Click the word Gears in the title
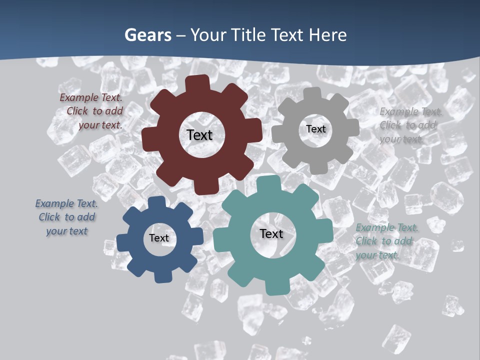point(147,35)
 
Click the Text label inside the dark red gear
point(199,135)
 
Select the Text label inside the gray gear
point(315,129)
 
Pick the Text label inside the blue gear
point(159,238)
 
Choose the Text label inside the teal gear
point(271,233)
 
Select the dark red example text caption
point(92,111)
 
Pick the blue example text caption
point(66,217)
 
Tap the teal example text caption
point(386,241)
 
